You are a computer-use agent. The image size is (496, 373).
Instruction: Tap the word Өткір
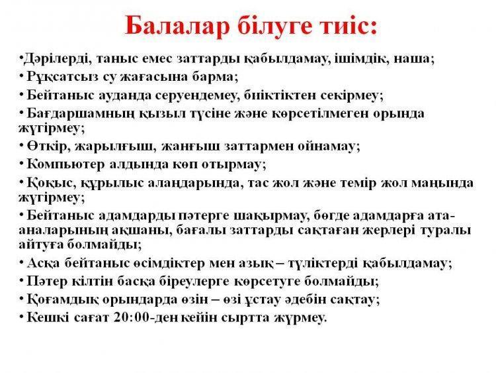click(47, 146)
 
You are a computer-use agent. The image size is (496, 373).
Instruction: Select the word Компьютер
click(65, 164)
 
